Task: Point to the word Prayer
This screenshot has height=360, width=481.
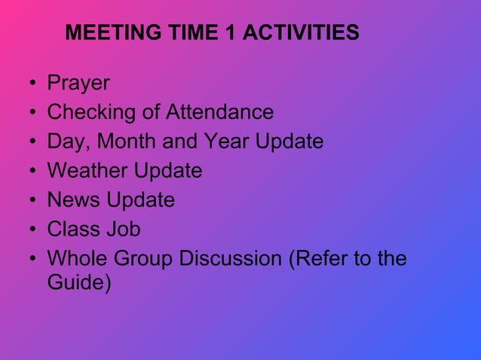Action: (78, 84)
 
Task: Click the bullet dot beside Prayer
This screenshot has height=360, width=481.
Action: (32, 84)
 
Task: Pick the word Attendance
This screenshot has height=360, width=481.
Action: (219, 113)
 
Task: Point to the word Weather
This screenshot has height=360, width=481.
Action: (87, 171)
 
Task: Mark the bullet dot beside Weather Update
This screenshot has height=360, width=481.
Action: (32, 172)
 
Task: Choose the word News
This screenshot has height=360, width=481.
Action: (73, 200)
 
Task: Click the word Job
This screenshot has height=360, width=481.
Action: (123, 230)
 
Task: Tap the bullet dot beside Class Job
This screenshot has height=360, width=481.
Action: (32, 230)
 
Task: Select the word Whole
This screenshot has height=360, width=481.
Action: (78, 259)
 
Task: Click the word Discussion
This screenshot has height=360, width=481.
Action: (230, 259)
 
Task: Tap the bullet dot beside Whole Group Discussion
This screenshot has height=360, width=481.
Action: (32, 259)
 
